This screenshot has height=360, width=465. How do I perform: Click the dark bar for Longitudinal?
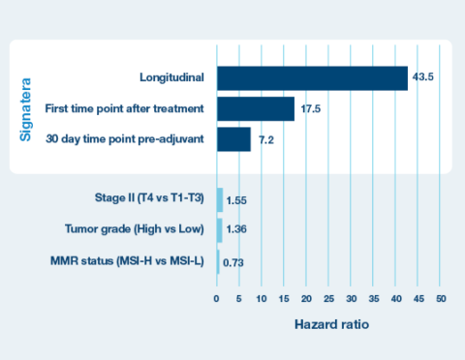point(312,78)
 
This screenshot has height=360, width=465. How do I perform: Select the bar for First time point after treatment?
point(255,109)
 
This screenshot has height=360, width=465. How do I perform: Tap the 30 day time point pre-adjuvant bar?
point(233,139)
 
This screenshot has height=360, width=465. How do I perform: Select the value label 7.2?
point(265,141)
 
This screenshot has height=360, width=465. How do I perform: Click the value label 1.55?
point(236,201)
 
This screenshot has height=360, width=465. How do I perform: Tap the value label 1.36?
point(235,231)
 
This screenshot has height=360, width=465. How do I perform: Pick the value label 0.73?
point(233,261)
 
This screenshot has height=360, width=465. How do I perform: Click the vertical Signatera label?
point(27,107)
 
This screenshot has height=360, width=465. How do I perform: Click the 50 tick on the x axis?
point(441,298)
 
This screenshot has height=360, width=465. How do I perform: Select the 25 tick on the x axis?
point(328,298)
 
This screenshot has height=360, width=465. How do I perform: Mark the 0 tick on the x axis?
point(217,298)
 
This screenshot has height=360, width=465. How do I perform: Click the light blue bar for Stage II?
point(220,200)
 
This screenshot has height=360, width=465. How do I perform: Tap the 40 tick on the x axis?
point(396,298)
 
